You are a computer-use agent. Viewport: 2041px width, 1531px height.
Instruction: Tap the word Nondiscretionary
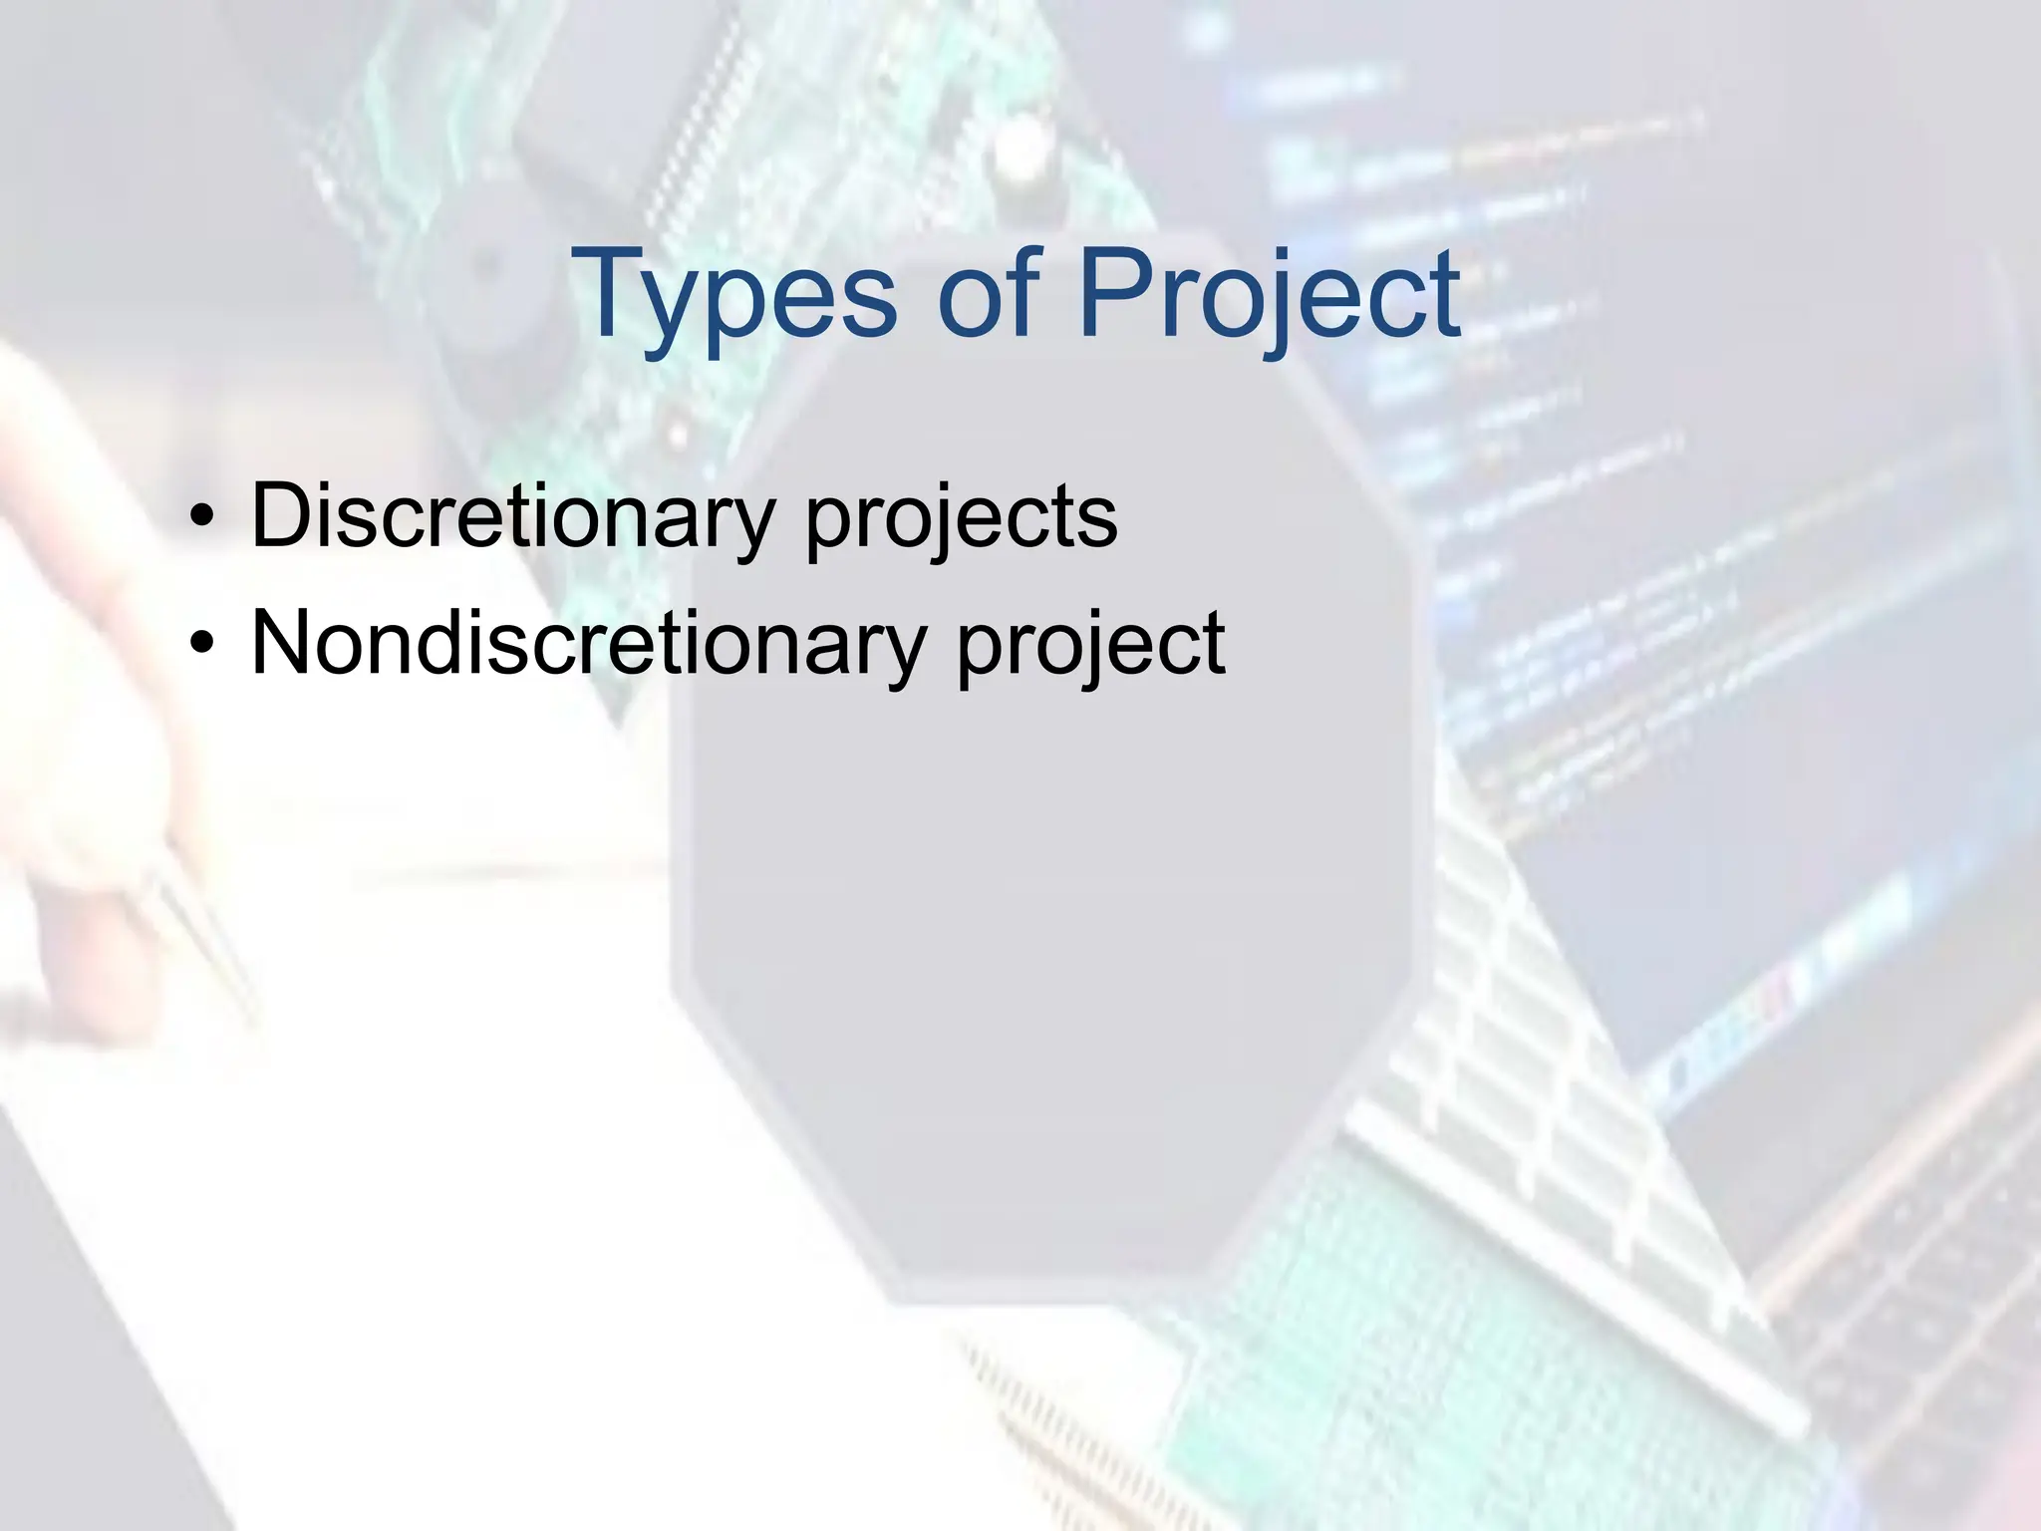(588, 643)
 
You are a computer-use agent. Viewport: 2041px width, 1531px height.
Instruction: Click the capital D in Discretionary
(281, 515)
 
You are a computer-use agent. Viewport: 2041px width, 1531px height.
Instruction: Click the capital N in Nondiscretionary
(285, 643)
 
